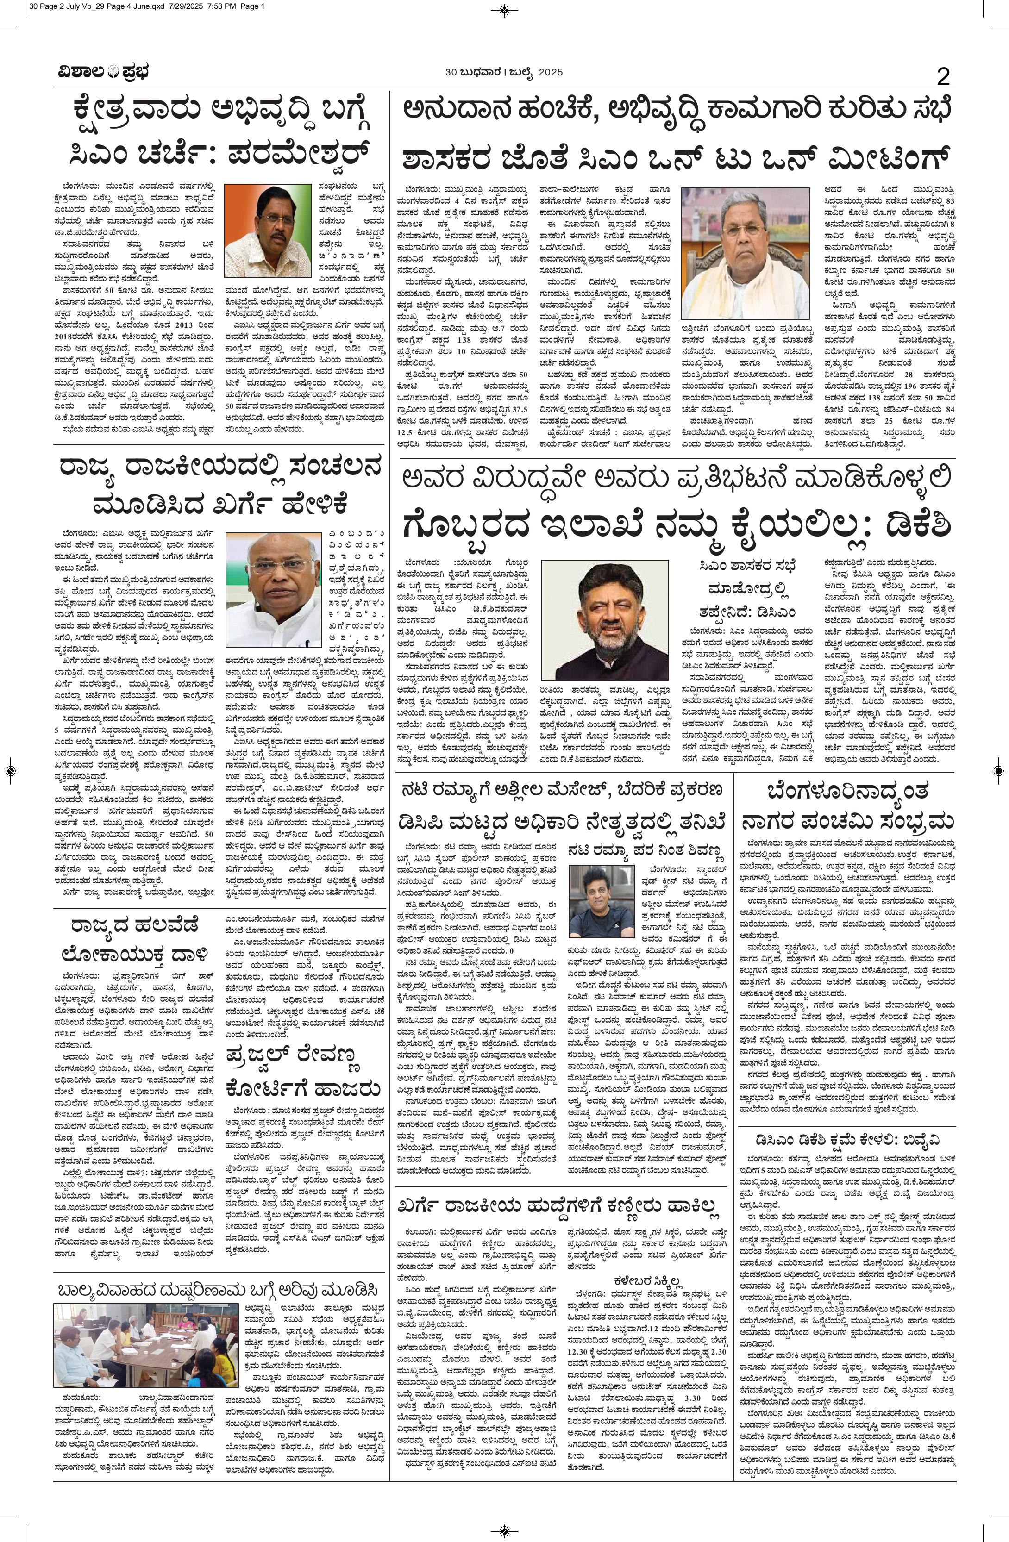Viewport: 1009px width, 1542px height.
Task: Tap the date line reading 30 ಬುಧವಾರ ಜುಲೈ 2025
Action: tap(503, 73)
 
